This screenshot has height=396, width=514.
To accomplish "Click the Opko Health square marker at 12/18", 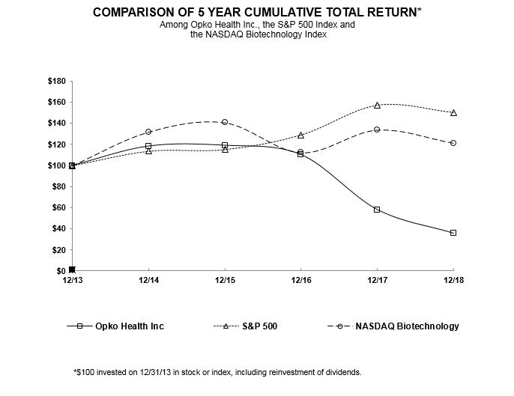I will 453,233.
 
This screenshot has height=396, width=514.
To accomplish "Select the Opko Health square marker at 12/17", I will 377,210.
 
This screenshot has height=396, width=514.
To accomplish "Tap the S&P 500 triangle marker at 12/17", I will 377,105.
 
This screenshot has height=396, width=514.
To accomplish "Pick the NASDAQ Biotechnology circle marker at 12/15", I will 225,122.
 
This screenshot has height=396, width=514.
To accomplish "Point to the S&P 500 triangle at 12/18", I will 453,112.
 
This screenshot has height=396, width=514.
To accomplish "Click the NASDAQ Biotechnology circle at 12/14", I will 148,132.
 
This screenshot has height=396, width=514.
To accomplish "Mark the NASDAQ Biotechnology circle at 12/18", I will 453,143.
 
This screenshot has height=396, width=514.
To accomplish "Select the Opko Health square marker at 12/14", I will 148,146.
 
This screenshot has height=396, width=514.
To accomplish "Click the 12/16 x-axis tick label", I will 300,282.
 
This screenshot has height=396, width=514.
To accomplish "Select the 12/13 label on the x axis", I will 72,282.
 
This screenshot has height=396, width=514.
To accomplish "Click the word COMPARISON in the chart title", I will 134,13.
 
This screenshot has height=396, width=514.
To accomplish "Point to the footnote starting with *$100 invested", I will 217,372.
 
